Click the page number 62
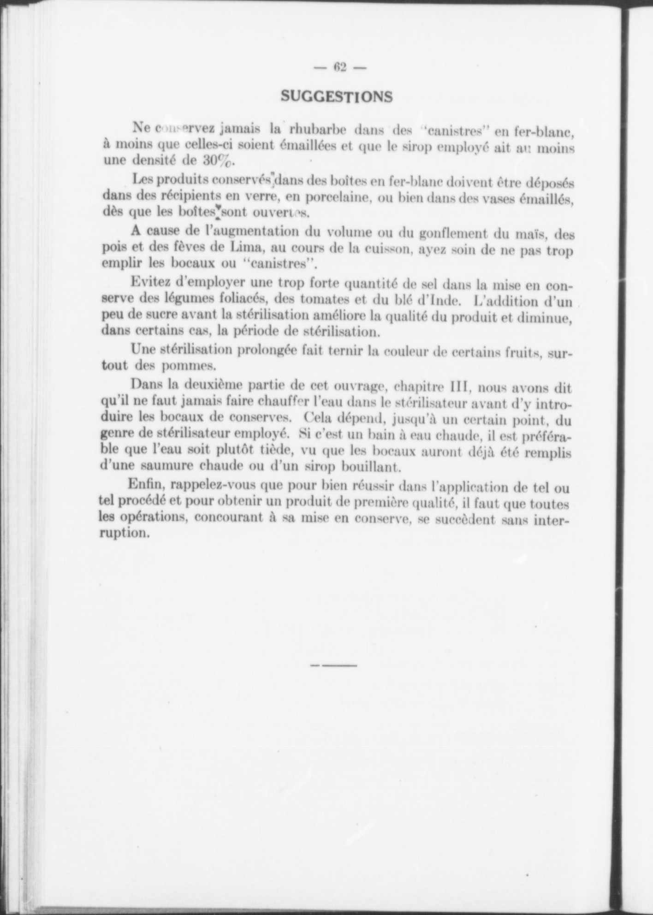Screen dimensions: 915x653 coord(340,67)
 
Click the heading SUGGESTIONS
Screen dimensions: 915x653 coord(337,96)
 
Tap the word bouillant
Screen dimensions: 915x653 coord(368,467)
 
